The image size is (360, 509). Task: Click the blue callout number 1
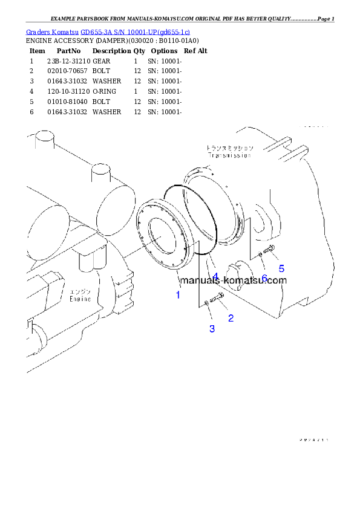178,295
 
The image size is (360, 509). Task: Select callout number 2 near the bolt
231,317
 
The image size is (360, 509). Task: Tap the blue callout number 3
212,329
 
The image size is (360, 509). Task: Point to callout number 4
215,276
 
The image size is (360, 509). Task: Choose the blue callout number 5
281,269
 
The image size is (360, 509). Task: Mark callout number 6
264,278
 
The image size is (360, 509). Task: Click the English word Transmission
229,155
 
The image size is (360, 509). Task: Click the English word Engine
80,299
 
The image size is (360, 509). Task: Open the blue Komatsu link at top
108,31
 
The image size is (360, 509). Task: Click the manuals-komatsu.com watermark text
234,280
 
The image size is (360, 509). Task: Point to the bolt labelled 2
218,296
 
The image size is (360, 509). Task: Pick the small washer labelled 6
260,254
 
